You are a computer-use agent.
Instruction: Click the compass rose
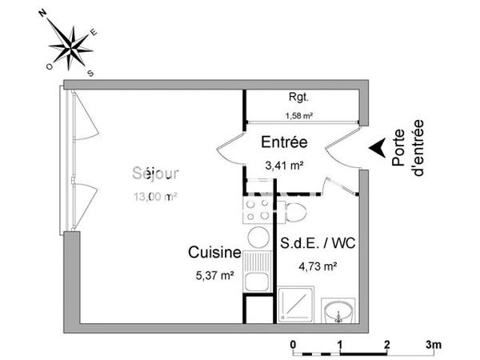click(70, 45)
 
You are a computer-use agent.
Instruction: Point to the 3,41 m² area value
click(284, 166)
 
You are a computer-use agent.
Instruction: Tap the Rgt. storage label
click(299, 98)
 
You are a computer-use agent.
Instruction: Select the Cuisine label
click(214, 253)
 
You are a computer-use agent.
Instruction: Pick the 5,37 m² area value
click(215, 274)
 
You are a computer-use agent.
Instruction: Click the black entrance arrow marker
click(374, 149)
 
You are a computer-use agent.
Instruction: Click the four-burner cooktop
click(258, 210)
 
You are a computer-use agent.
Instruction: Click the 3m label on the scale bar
click(434, 344)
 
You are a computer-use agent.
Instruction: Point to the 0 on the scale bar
click(294, 344)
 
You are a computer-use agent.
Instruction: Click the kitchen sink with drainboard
click(258, 272)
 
